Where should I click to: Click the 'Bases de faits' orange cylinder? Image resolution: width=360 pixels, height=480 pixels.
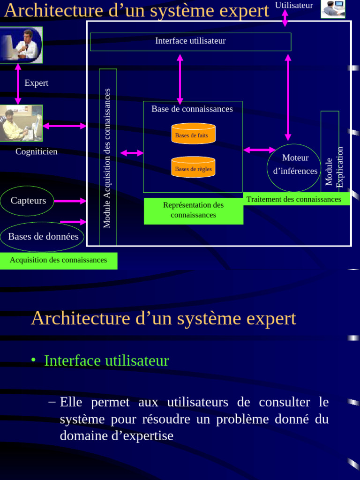(x=193, y=134)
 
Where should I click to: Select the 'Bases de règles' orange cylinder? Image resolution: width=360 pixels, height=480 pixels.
(x=193, y=167)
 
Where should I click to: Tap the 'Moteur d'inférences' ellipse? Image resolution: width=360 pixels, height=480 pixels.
(x=294, y=168)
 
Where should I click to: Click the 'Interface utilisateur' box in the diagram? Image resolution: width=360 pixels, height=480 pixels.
(x=190, y=41)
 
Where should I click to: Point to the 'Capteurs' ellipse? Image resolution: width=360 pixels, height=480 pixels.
(x=28, y=201)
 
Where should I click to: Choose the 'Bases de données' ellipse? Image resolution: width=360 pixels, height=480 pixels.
(x=43, y=236)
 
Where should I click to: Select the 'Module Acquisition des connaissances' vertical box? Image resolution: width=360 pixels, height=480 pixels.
(x=108, y=157)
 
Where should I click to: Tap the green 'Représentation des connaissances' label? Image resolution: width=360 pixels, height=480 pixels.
(x=193, y=210)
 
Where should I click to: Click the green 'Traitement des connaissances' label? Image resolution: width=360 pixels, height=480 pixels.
(x=294, y=199)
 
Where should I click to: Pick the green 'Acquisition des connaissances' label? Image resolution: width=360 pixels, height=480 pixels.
(x=58, y=260)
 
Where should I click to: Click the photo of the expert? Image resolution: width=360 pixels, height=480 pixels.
(x=21, y=45)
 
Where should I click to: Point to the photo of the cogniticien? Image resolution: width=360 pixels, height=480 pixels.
(x=21, y=123)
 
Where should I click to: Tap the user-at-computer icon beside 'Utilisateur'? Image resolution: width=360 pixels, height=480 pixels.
(x=333, y=9)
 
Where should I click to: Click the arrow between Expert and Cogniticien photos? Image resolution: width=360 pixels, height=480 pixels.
(x=18, y=84)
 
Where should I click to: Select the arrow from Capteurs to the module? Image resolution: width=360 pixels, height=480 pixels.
(x=70, y=201)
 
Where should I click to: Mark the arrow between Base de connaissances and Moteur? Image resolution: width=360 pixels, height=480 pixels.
(x=259, y=150)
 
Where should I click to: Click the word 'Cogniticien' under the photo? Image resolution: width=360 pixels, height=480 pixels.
(x=37, y=151)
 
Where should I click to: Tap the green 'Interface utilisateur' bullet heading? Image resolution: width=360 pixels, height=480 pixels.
(x=106, y=360)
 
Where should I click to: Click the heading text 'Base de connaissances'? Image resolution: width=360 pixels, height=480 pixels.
(x=192, y=109)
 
